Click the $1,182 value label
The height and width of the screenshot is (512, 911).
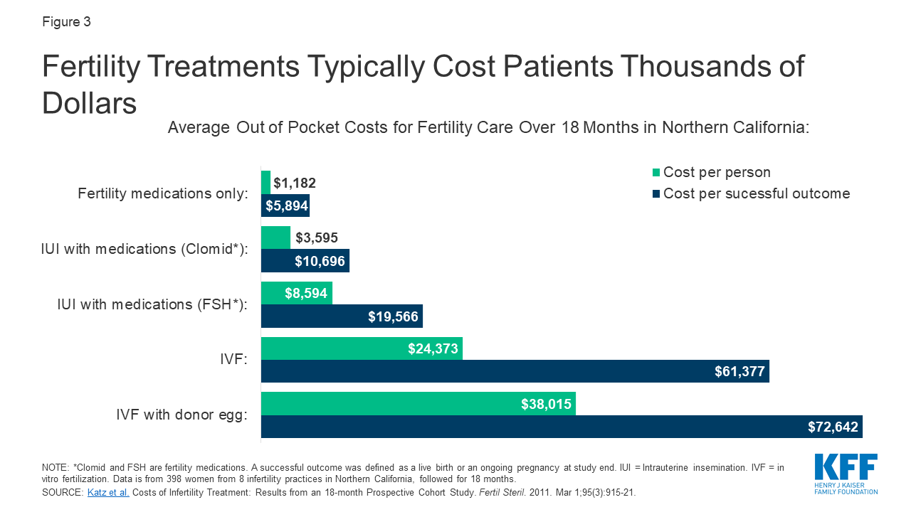click(x=294, y=183)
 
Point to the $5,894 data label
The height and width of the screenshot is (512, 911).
click(x=286, y=206)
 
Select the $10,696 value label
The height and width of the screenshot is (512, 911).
click(x=320, y=261)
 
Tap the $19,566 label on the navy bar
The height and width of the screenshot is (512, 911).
click(x=392, y=316)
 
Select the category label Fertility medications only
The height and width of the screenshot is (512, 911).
click(x=163, y=193)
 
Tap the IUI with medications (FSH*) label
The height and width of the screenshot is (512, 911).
click(x=152, y=304)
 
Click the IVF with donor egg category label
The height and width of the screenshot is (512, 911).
click(x=181, y=415)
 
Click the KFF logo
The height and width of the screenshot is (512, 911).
click(x=846, y=473)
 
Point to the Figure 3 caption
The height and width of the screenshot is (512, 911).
click(x=66, y=22)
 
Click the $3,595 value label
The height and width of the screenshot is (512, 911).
click(x=317, y=238)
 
